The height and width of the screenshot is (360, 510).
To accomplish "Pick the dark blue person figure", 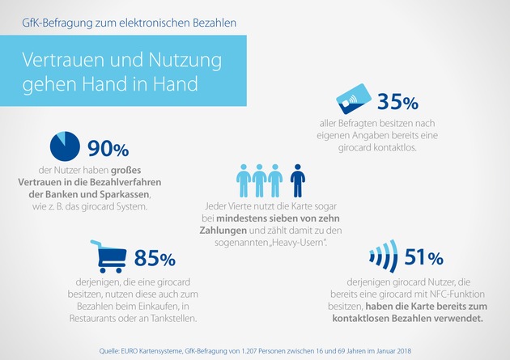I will point(298,180).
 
